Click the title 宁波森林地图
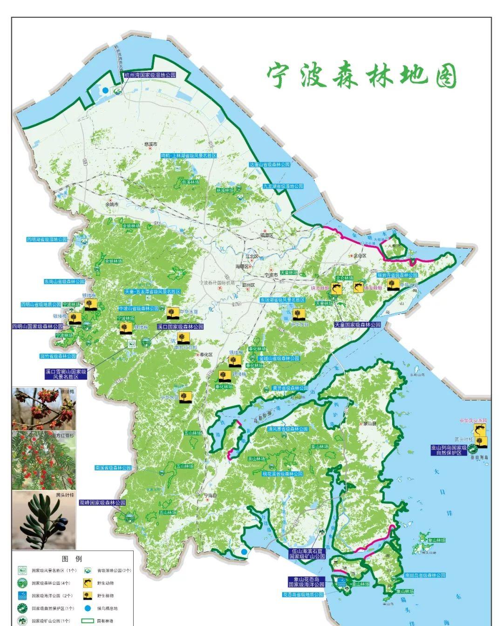(x=362, y=76)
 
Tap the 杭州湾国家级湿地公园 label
(x=150, y=75)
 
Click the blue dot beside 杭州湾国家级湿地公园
(x=106, y=90)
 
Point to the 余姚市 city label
(x=112, y=204)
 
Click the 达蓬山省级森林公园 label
(x=269, y=165)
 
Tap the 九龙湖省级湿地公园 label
(x=282, y=186)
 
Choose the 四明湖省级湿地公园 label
(x=47, y=239)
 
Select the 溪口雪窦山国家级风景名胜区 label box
(x=66, y=374)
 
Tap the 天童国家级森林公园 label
(x=357, y=325)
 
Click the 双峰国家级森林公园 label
(x=102, y=503)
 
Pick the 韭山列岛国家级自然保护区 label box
(x=449, y=449)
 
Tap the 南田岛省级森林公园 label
(x=424, y=575)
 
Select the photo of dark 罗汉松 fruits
(x=43, y=520)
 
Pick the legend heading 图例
(x=72, y=558)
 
